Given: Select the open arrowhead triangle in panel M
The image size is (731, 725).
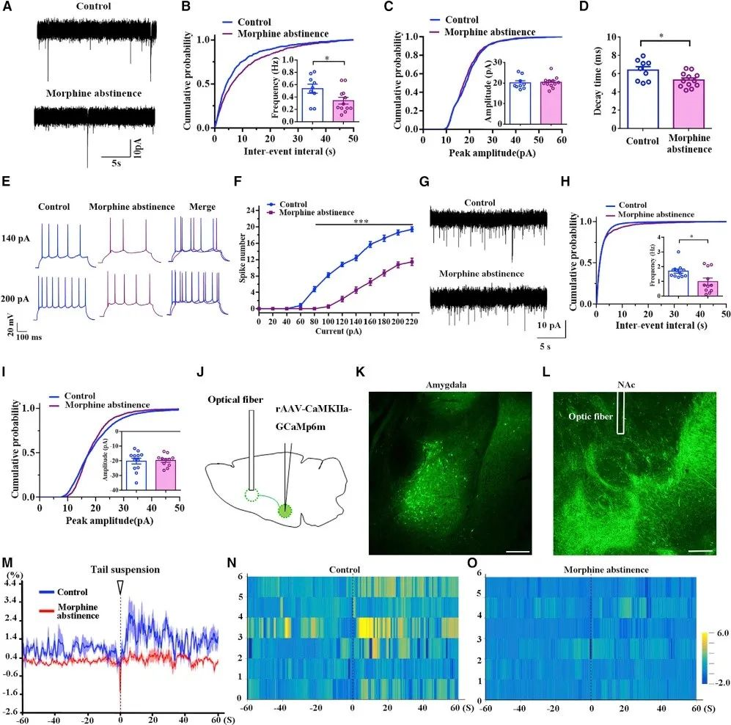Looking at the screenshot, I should (121, 586).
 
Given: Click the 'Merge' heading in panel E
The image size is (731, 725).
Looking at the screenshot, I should (199, 207).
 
